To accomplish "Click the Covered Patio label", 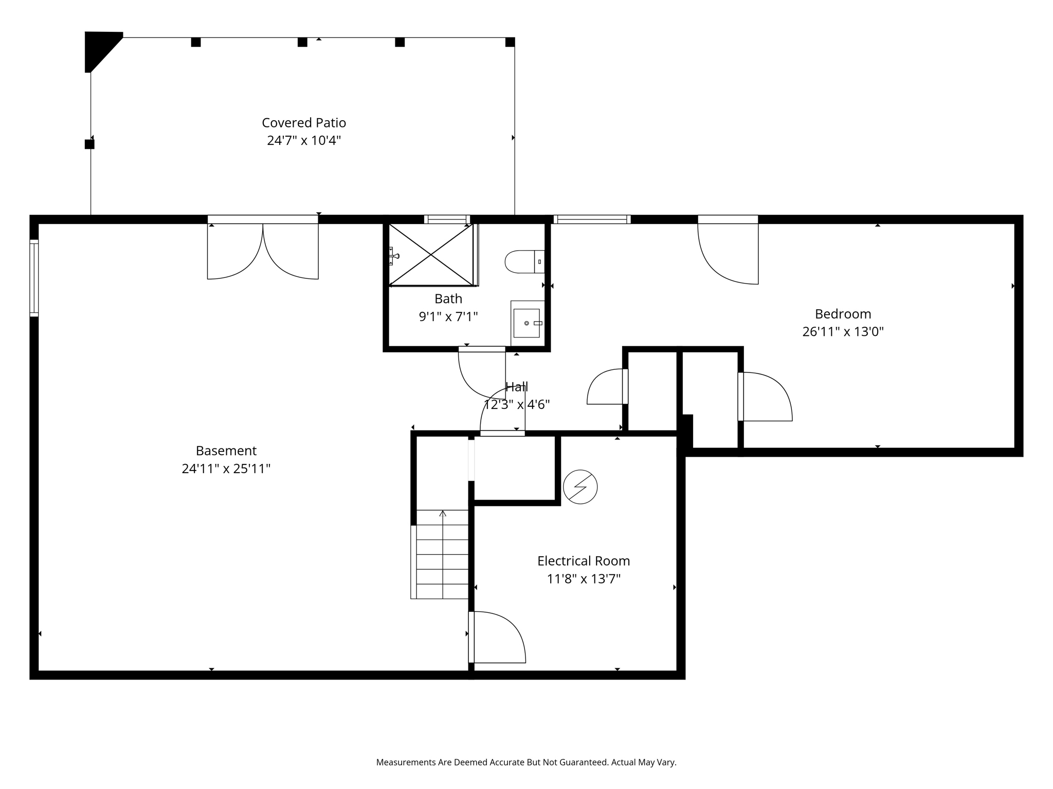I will pos(303,123).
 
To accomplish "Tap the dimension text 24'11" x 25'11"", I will pos(226,468).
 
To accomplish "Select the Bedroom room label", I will pos(843,314).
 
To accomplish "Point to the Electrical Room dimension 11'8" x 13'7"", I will pos(584,579).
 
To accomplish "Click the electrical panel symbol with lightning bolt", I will pos(580,486).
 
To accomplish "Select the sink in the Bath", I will pos(526,323).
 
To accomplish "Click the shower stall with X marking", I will pos(431,255).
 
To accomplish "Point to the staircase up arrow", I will pos(443,514).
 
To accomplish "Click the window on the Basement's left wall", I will pos(34,278).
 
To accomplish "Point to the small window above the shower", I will pos(447,219).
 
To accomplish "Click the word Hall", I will pos(516,387).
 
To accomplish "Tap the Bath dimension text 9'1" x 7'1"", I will pos(448,316).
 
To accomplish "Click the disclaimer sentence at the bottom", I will pos(526,762).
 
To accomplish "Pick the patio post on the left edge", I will pos(89,144).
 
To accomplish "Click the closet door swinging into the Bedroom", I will pos(765,397).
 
